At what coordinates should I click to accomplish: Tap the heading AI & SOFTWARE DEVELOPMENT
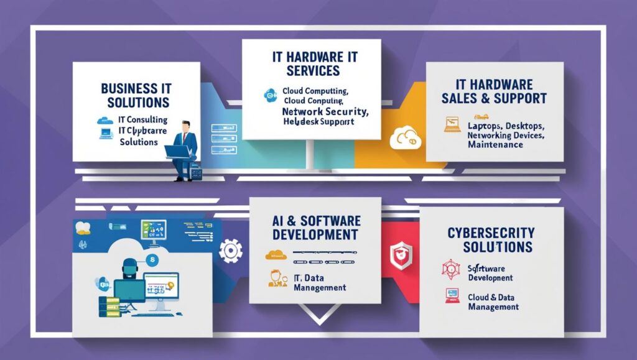point(315,228)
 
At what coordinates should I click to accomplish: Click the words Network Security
point(325,111)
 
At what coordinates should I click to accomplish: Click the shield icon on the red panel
point(398,252)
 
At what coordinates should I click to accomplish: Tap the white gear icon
point(230,251)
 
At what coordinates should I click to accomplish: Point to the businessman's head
point(184,126)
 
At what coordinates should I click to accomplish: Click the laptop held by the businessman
point(179,151)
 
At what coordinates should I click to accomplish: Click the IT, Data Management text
point(319,282)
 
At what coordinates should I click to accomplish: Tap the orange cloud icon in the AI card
point(274,254)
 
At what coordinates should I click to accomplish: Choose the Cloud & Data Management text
point(492,302)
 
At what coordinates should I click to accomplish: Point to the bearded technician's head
point(129,267)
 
